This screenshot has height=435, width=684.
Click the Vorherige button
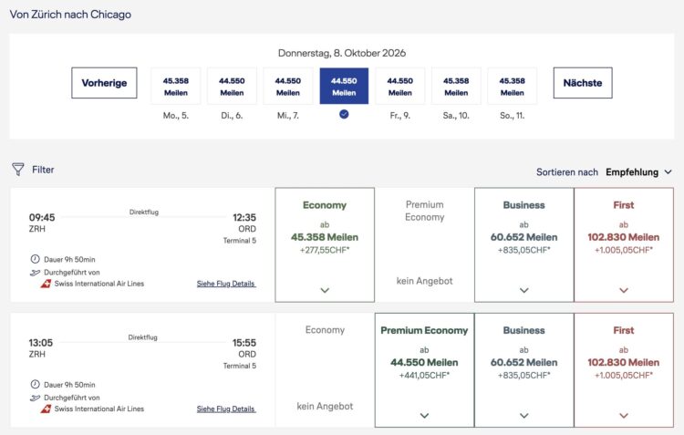[x=104, y=83]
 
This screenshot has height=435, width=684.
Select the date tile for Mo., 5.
[x=176, y=86]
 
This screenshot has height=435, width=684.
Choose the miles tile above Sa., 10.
[x=456, y=86]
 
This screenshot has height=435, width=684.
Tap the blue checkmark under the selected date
[x=344, y=114]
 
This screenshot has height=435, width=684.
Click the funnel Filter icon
[x=18, y=170]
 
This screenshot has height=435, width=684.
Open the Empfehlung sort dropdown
[x=638, y=172]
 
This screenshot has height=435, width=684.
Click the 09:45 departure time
[x=42, y=217]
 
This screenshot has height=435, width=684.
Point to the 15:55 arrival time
[x=244, y=343]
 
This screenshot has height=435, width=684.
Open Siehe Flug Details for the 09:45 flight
[x=226, y=284]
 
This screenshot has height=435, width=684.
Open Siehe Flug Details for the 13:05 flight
[x=226, y=409]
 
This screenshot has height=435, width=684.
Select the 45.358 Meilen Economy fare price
[x=325, y=237]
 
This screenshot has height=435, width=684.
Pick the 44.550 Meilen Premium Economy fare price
[x=424, y=363]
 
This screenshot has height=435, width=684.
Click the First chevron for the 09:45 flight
[x=624, y=290]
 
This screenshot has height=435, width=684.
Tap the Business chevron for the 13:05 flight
[x=524, y=415]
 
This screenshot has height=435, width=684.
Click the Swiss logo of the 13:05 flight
[x=46, y=409]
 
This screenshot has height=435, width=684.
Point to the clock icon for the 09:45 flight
[x=35, y=259]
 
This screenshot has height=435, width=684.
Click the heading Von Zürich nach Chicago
[x=70, y=15]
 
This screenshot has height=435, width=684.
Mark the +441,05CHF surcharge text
[x=424, y=375]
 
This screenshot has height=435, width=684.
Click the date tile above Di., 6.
[x=232, y=86]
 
